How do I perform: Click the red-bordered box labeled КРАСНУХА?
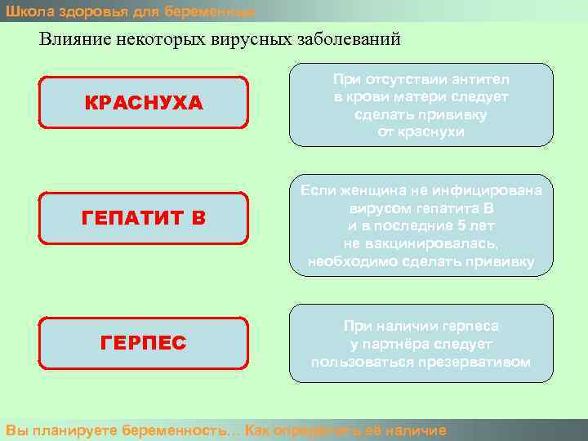pos(144,103)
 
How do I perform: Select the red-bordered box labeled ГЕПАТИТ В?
pos(144,218)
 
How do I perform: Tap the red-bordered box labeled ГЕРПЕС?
pos(144,343)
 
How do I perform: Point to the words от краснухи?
pos(421,131)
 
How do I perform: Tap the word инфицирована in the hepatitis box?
pos(497,190)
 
